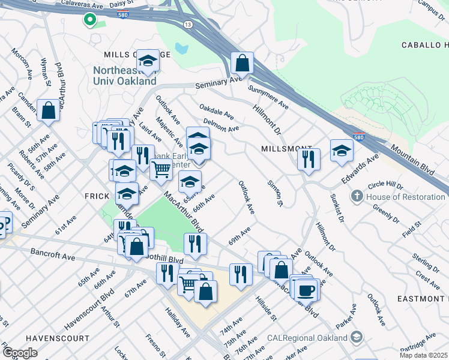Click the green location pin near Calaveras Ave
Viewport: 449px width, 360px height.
[x=90, y=20]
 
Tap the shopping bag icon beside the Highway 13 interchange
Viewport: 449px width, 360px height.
[x=242, y=62]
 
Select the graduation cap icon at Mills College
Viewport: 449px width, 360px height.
[x=148, y=60]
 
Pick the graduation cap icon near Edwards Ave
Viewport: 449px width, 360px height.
[x=342, y=150]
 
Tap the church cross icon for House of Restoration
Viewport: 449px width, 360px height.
[x=357, y=197]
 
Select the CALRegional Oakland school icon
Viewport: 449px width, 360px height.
[x=357, y=337]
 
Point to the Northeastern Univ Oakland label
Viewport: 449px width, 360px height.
[x=125, y=76]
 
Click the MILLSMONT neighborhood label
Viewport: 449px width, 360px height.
[x=287, y=148]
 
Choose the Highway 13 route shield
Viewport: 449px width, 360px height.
[x=188, y=23]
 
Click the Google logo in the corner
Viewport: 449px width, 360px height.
[x=20, y=353]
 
